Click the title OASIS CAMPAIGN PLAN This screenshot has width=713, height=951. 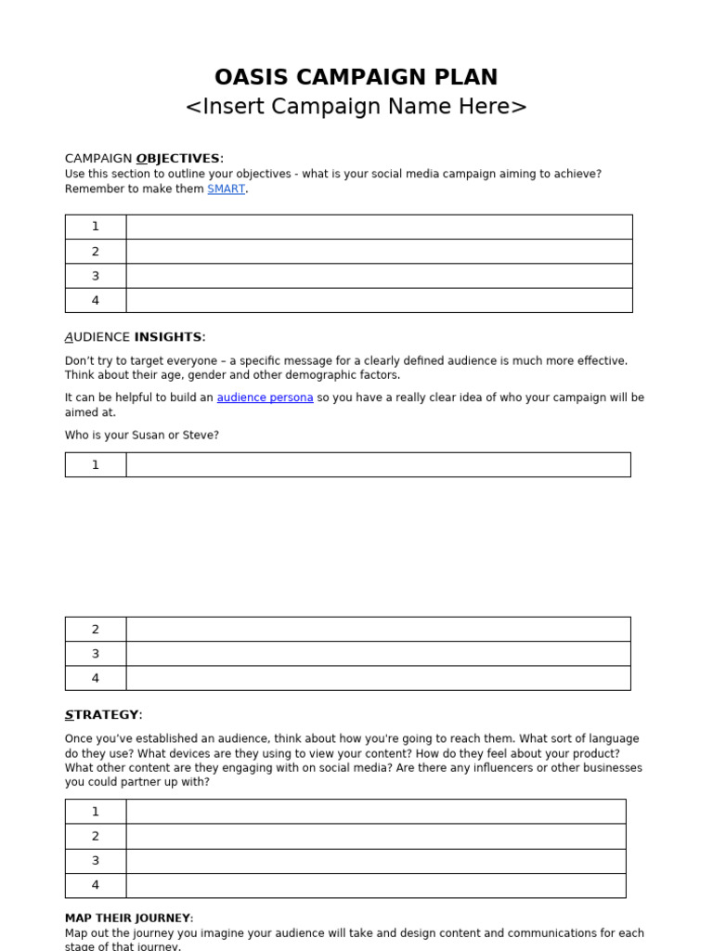pos(356,77)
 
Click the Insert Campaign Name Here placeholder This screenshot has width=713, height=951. pos(356,107)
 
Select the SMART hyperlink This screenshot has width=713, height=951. pos(226,189)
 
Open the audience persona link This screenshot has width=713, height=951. pos(265,397)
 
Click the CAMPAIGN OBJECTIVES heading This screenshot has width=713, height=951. pos(144,159)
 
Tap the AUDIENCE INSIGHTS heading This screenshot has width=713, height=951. pos(136,337)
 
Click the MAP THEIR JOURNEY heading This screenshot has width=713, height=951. pos(129,918)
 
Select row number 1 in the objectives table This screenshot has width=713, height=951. pos(95,227)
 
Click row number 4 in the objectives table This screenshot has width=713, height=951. pos(95,301)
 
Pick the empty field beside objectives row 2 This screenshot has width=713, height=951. pos(379,252)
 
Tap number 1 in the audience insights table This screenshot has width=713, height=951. pos(95,465)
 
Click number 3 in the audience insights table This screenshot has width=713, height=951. pos(95,654)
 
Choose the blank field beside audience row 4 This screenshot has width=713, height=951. pos(378,678)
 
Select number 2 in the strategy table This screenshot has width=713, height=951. pos(95,836)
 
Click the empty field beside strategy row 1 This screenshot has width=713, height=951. pos(376,812)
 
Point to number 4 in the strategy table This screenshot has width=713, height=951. pos(95,885)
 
